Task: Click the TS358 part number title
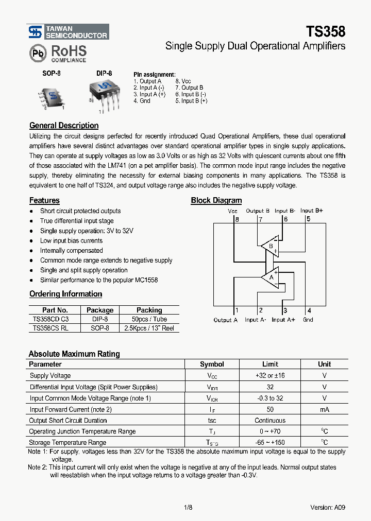[326, 31]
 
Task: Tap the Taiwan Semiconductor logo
[68, 32]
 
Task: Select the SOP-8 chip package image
[51, 96]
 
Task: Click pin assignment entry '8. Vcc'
[183, 81]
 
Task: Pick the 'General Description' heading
[64, 126]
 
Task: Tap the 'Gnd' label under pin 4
[308, 320]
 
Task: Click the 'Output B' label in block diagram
[258, 211]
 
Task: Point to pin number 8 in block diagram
[237, 219]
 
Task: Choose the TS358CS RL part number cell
[50, 328]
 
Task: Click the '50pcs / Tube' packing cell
[149, 319]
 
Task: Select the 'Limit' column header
[270, 364]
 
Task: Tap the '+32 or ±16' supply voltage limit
[270, 376]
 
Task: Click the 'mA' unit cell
[325, 409]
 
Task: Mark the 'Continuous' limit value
[270, 421]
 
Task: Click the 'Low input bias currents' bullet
[71, 240]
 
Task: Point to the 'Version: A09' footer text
[328, 507]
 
